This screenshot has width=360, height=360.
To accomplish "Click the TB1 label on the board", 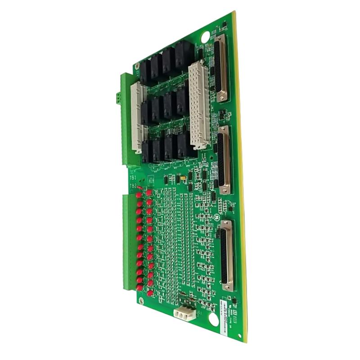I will click(133, 178).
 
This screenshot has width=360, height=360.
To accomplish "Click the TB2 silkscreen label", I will click(133, 186).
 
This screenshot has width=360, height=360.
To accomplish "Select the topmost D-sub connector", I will click(222, 70).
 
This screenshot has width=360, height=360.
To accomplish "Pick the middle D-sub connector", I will click(224, 160).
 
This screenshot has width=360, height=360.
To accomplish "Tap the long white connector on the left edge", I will click(137, 117).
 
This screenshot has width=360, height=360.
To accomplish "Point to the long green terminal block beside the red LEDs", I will click(129, 243).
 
